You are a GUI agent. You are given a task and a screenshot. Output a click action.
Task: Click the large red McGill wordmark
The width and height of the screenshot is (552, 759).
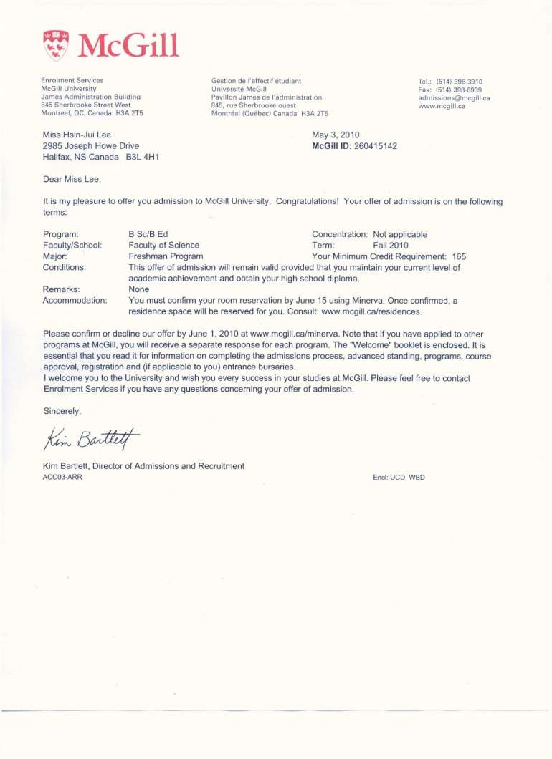[x=128, y=46]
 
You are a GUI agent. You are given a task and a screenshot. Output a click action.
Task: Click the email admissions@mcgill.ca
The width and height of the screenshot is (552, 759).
[x=454, y=98]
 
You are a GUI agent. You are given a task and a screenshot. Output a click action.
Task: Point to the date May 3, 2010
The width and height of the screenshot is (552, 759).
[x=336, y=135]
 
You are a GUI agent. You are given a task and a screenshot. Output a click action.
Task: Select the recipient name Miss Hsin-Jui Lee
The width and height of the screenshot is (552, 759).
[x=77, y=135]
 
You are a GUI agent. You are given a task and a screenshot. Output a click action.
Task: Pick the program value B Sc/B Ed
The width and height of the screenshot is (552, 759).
[x=148, y=234]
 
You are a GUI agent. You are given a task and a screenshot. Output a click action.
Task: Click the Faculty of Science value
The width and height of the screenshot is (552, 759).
[x=163, y=245]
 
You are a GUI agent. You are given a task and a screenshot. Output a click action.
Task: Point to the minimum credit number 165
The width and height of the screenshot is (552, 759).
[x=459, y=256]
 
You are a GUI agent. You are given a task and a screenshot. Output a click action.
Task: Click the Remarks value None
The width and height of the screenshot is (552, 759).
[x=138, y=289]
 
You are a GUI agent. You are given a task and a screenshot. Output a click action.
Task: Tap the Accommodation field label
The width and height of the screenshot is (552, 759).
[x=75, y=300]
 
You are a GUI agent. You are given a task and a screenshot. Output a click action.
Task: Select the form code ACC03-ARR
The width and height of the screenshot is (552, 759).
[x=62, y=478]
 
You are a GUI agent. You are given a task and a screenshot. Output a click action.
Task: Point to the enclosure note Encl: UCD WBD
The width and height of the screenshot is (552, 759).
[x=399, y=478]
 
